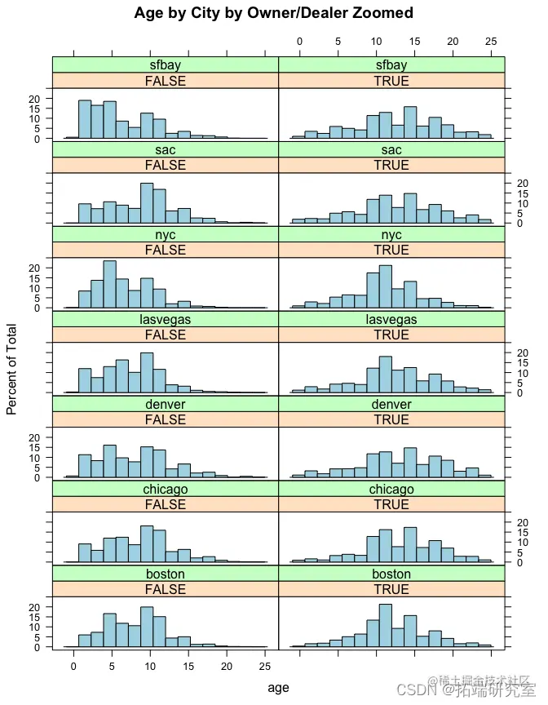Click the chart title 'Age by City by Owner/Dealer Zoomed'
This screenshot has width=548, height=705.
[274, 13]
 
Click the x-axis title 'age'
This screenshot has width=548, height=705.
[278, 688]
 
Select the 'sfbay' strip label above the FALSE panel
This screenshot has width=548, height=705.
[166, 64]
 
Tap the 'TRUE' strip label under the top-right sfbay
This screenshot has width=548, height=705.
[391, 81]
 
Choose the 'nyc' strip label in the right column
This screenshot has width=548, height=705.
[391, 234]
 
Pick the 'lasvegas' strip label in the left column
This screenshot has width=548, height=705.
[166, 319]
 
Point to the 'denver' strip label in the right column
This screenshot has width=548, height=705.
[391, 404]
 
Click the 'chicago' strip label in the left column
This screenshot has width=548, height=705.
[166, 489]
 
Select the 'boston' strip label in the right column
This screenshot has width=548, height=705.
[391, 574]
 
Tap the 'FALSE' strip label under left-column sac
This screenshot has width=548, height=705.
[166, 165]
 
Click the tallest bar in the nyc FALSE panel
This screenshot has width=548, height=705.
[110, 285]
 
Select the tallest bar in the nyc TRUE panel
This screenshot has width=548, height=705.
[386, 287]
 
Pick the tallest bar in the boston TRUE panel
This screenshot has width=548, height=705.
[386, 626]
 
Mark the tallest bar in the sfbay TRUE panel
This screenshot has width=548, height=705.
[410, 122]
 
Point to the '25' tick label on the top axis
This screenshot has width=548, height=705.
[489, 41]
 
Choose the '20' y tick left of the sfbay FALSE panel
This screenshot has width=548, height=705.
[34, 99]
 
